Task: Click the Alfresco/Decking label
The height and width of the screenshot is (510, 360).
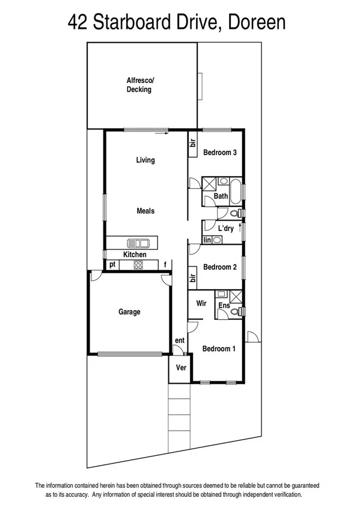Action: (141, 85)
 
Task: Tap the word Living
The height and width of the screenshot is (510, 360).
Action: (145, 160)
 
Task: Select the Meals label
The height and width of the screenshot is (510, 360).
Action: (145, 211)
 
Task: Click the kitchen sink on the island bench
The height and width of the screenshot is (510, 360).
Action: (138, 243)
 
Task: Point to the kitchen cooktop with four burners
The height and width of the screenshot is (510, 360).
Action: (138, 265)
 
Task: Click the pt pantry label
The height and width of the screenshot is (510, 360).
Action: (112, 265)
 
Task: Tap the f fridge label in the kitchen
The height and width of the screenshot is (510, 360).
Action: (165, 265)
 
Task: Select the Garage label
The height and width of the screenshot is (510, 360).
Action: (129, 312)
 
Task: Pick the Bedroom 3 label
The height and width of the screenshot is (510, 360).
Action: (219, 153)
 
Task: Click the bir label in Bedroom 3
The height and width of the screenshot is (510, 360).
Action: (193, 144)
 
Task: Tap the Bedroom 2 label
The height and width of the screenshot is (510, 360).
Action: (219, 267)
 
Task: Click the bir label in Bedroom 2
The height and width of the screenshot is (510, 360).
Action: (193, 278)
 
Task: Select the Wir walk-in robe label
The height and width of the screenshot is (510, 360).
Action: (201, 304)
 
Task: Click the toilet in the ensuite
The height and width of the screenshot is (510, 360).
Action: (240, 311)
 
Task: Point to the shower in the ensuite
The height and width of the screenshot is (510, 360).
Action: (236, 295)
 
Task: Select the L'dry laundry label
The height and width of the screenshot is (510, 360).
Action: (225, 229)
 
